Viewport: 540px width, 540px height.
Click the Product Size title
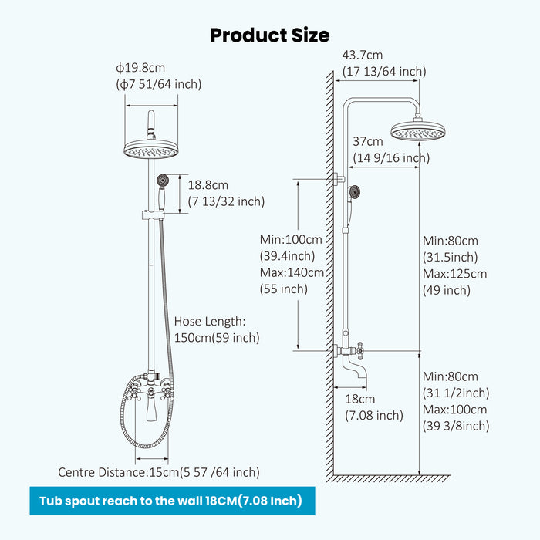270,35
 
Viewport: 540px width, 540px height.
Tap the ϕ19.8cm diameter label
141,69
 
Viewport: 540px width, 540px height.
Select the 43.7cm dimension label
363,56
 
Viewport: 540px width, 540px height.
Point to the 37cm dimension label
368,142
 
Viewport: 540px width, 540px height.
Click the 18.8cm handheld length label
208,185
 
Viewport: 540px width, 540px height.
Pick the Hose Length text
209,321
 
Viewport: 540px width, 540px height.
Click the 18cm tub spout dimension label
359,400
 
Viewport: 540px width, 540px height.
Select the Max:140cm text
292,272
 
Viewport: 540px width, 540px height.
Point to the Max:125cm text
454,274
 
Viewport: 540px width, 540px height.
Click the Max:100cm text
454,410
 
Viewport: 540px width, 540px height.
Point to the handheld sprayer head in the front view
162,180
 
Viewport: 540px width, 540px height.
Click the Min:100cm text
292,238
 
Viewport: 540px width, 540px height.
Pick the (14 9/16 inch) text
391,158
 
